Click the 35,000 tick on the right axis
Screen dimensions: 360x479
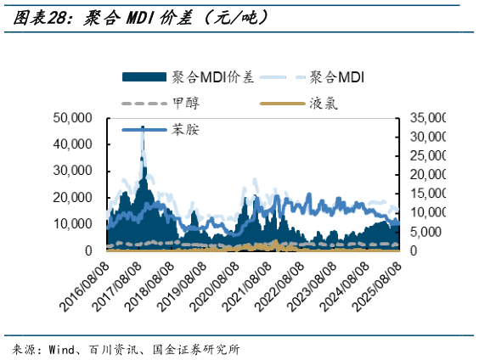pos(429,118)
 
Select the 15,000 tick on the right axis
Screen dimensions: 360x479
pos(429,194)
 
